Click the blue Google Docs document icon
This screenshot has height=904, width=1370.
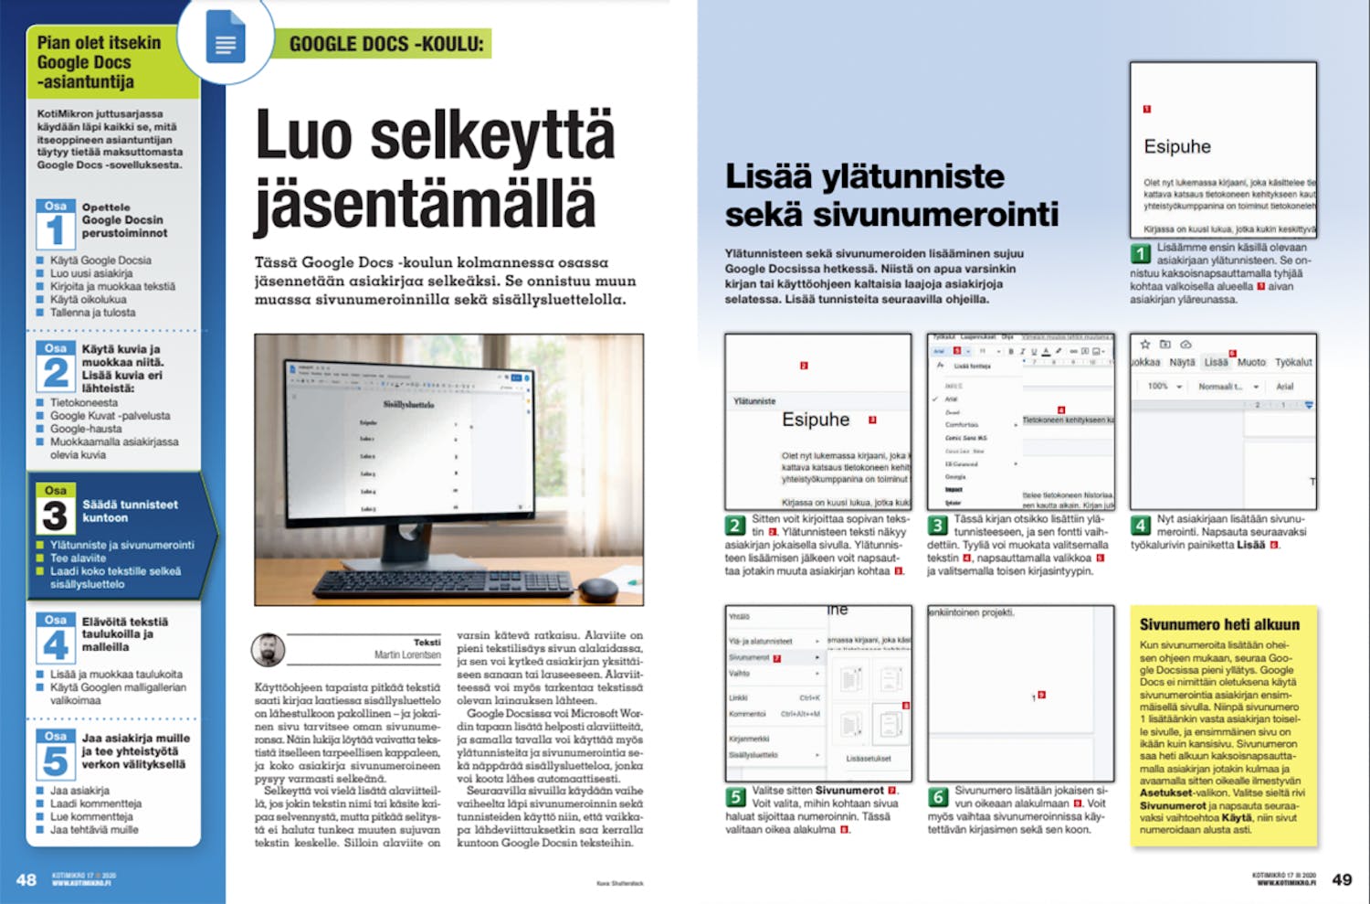click(226, 37)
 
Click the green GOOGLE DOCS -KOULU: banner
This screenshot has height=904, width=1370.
click(385, 43)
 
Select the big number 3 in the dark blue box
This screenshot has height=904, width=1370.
click(55, 516)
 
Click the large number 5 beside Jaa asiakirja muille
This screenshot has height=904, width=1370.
click(55, 760)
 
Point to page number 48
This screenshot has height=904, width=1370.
click(26, 879)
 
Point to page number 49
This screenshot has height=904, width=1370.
click(1342, 879)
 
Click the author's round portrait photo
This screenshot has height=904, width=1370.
click(269, 650)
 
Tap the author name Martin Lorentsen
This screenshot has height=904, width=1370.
click(407, 654)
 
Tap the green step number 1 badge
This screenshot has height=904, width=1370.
click(1141, 253)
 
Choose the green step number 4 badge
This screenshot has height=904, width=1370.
click(1141, 525)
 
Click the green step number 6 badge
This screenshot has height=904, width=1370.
click(938, 796)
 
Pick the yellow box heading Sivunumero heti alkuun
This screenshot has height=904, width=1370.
click(1219, 625)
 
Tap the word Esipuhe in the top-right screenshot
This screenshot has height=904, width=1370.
click(1177, 146)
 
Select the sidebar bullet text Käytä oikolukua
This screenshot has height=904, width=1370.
click(89, 299)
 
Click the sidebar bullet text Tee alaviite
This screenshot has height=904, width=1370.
click(79, 558)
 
